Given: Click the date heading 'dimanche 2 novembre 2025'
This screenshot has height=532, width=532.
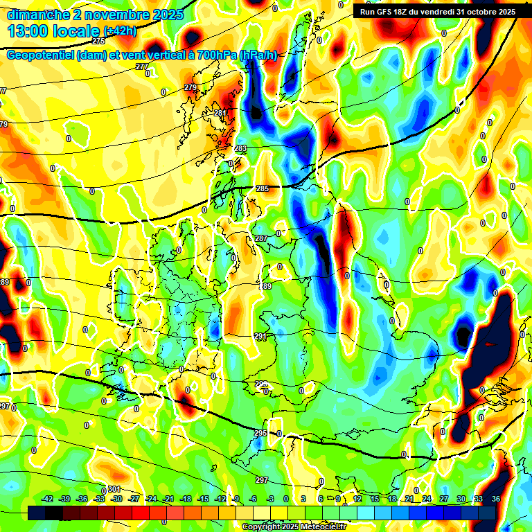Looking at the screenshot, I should point(95,15).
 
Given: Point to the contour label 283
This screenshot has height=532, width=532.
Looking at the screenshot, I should point(240,149).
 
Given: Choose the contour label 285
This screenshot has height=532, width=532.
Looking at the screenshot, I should point(263,188).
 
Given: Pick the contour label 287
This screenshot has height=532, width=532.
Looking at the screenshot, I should point(260,238).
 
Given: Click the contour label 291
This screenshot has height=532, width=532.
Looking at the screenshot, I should point(260,336).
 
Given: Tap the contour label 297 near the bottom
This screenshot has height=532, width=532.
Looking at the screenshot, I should point(261,480).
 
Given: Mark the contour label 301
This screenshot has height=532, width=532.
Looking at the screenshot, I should point(114,489).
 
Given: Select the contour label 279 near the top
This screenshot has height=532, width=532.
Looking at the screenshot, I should point(190,87).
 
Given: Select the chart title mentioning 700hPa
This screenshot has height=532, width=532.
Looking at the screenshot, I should point(142,55).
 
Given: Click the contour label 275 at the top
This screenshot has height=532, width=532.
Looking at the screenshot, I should point(98,60).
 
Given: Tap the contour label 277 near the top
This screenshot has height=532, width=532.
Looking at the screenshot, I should point(142,66).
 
